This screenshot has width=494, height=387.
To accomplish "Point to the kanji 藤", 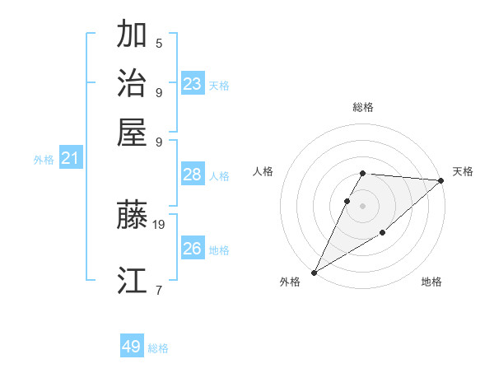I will coord(132,216).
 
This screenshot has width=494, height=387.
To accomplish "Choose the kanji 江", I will coord(132,281).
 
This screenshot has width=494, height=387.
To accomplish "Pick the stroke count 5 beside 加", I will coord(159,43).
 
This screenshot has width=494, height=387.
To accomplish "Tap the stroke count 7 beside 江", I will coord(159,289).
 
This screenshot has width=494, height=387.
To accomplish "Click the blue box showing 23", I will coord(193,84).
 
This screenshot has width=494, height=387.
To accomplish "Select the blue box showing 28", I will coord(193,175).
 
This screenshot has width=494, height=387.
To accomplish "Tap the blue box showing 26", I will coord(193,249).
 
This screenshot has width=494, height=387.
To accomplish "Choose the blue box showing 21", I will coord(69,159).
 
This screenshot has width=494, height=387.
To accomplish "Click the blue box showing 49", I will coord(132,347).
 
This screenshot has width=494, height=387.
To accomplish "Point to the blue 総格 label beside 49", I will coord(159,348).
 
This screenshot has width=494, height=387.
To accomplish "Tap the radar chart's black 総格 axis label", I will coord(363,107).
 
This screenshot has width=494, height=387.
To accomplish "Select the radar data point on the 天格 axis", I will coord(442,180).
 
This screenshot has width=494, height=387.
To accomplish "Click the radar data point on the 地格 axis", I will coord(383,234).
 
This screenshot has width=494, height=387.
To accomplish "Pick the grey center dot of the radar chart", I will coord(363,205).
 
